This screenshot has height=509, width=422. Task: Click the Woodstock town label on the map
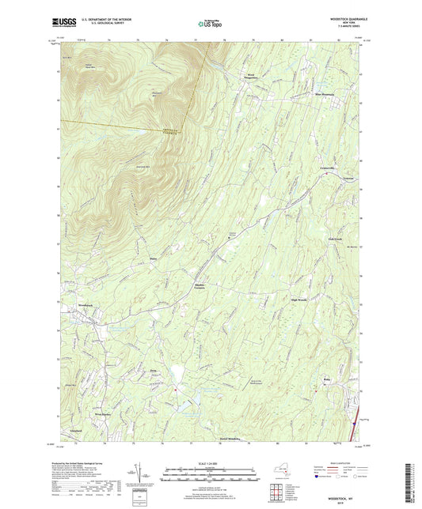[x=86, y=304]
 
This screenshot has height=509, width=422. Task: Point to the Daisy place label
[x=152, y=258]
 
